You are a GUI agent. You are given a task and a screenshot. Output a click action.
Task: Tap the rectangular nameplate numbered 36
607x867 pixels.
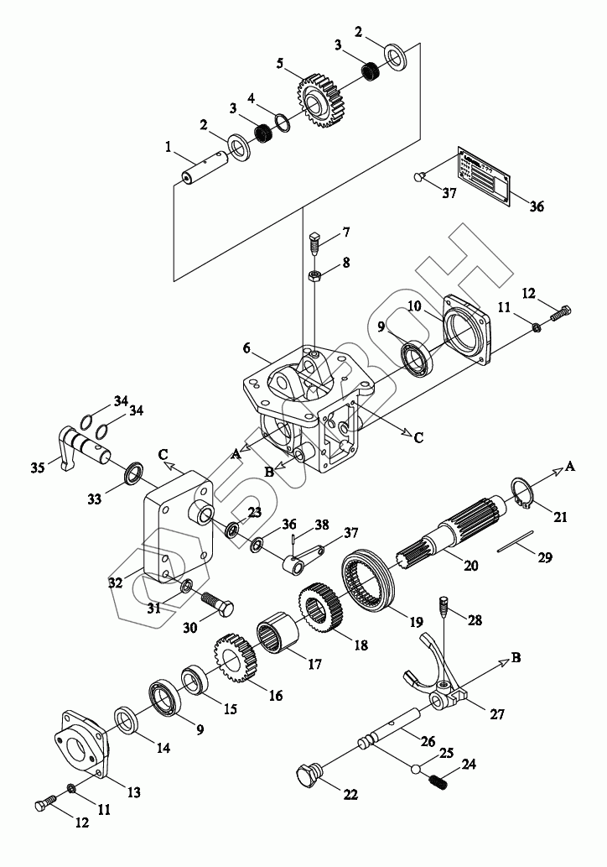(x=483, y=176)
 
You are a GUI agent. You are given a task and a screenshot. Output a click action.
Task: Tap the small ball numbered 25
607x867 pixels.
(x=416, y=767)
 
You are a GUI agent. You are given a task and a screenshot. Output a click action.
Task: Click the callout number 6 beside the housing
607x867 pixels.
(x=246, y=347)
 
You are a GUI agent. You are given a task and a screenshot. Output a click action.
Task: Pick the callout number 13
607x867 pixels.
(x=132, y=791)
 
